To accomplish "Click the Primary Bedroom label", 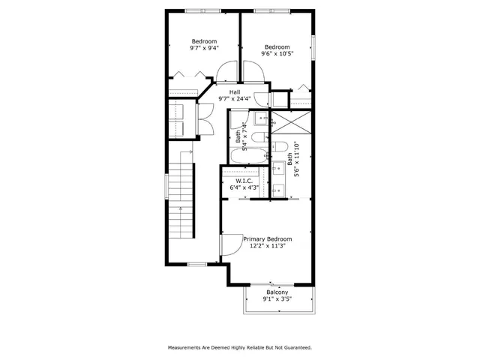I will pyautogui.click(x=267, y=238).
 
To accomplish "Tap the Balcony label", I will pyautogui.click(x=277, y=292).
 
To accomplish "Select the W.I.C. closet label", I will pyautogui.click(x=244, y=180).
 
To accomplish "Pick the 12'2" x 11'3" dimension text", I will pyautogui.click(x=268, y=245).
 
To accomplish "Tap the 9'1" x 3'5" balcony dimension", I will pyautogui.click(x=277, y=299).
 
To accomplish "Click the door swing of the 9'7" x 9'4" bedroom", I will pyautogui.click(x=225, y=72).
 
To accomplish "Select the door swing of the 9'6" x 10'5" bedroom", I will pyautogui.click(x=253, y=70).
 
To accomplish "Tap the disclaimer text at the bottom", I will pyautogui.click(x=240, y=348).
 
